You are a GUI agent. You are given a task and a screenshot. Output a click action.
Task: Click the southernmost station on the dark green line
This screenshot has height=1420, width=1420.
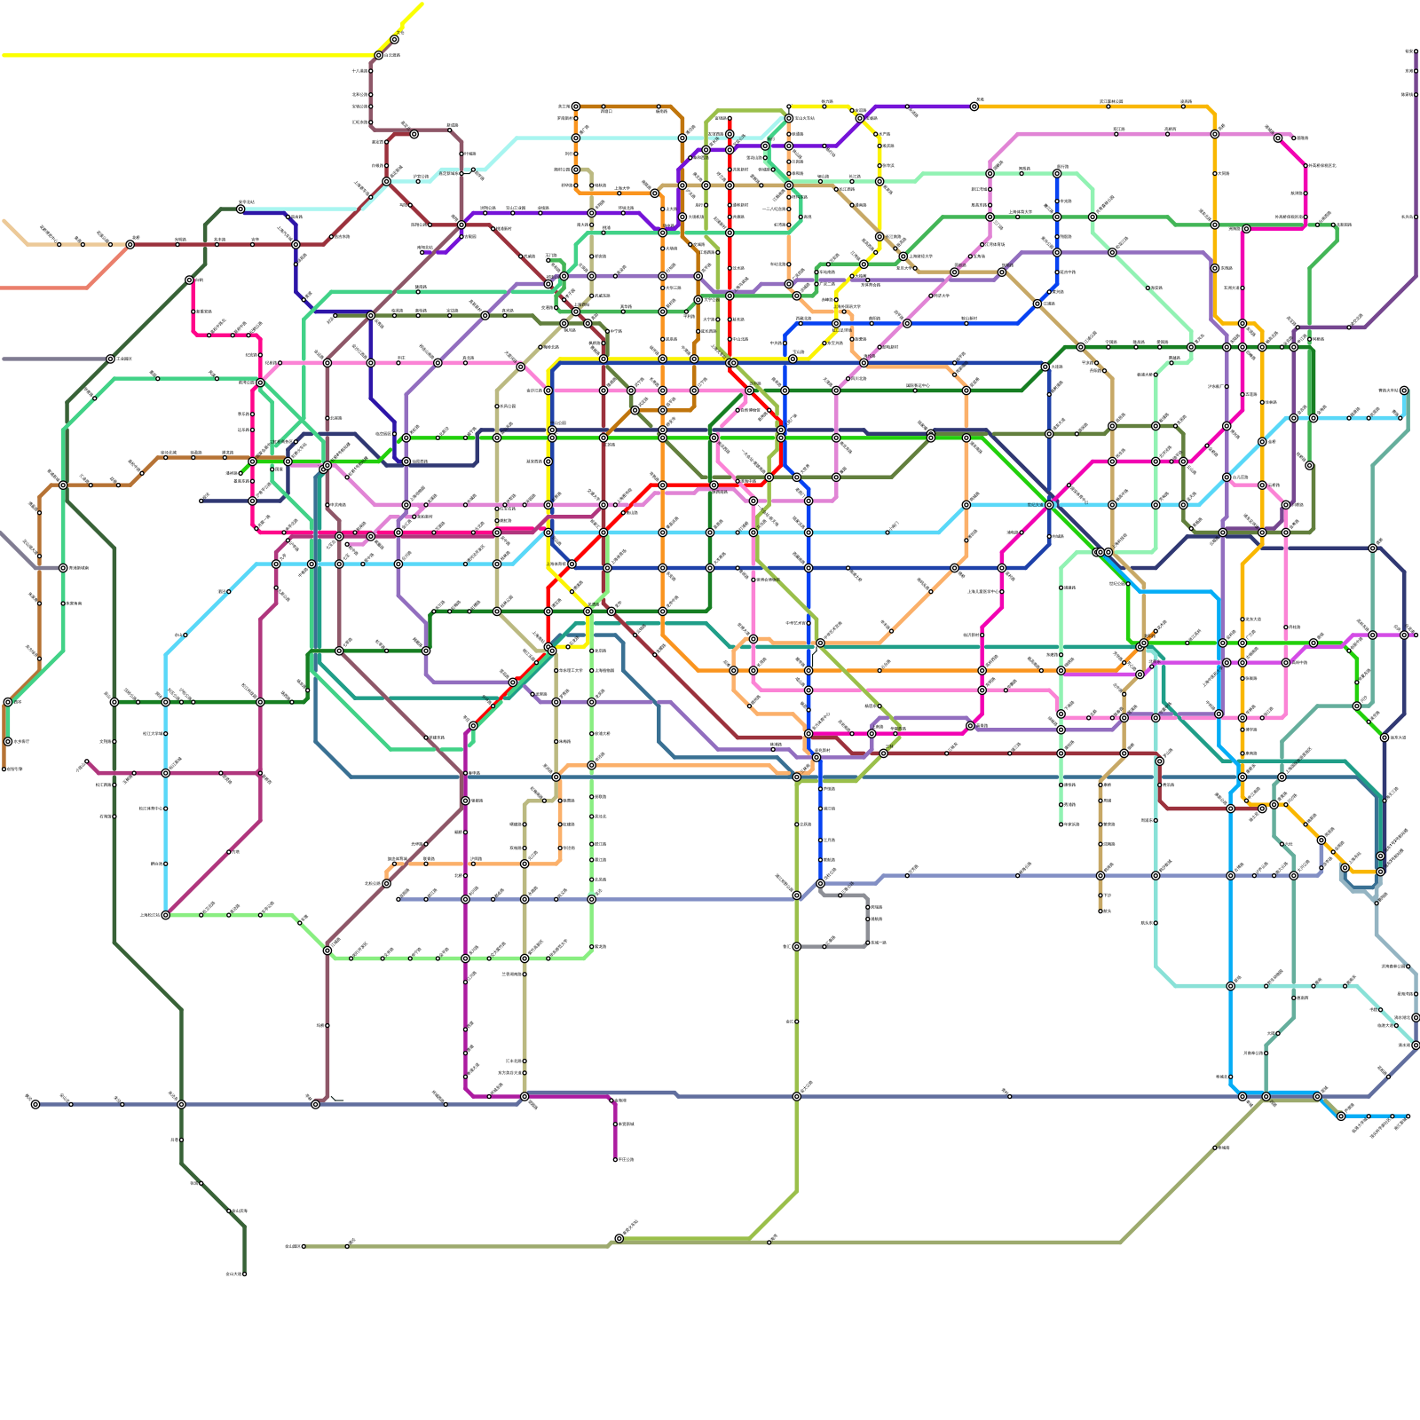click(x=244, y=1274)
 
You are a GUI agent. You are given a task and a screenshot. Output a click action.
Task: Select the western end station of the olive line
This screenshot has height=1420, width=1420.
click(x=304, y=1246)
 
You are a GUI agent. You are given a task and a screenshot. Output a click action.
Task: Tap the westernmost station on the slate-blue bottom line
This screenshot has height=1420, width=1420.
click(x=35, y=1104)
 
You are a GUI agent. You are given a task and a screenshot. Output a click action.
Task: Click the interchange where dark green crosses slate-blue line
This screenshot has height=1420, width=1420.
click(x=181, y=1104)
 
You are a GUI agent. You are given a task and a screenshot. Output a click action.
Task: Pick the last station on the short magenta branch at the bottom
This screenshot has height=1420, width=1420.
click(x=615, y=1159)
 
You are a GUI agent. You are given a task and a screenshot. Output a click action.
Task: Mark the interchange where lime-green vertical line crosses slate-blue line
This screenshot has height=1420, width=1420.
click(x=796, y=1097)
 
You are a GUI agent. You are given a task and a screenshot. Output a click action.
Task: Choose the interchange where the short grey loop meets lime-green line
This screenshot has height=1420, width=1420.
click(x=796, y=947)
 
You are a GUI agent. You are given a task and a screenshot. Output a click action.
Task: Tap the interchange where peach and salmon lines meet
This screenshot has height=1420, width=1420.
click(x=130, y=244)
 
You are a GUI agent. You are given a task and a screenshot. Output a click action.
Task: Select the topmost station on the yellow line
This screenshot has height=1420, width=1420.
click(x=394, y=39)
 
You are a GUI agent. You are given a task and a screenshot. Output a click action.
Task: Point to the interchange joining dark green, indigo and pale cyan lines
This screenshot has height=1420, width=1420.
click(x=241, y=209)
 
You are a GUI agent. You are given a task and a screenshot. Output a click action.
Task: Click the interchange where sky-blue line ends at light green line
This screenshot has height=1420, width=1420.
click(x=165, y=915)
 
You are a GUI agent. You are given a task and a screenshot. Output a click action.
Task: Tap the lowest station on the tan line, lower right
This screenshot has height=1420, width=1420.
click(x=1100, y=911)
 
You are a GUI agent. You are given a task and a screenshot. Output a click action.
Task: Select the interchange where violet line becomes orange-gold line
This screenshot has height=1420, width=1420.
click(x=974, y=106)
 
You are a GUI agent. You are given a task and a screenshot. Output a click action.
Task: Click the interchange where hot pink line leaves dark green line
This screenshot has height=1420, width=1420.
click(x=189, y=280)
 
